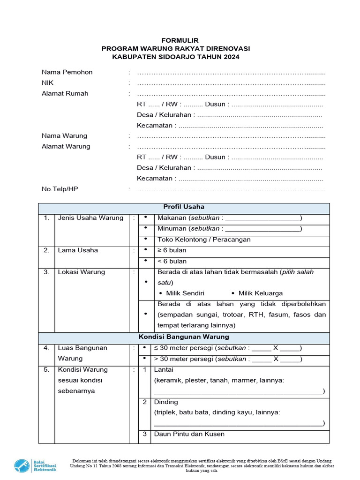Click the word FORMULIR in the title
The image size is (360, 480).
[x=180, y=41]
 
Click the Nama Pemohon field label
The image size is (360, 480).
[x=67, y=72]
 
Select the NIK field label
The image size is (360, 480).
[x=48, y=82]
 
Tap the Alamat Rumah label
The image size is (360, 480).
[x=65, y=93]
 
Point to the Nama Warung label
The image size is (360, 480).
[x=64, y=135]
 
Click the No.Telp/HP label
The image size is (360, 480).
[x=59, y=189]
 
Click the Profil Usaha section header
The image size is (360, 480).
[x=184, y=207]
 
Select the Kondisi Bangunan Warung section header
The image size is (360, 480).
[x=184, y=337]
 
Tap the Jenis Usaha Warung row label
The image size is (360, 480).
[x=90, y=217]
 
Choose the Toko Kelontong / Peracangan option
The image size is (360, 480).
[x=204, y=240]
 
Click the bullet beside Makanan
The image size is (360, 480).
[x=146, y=217]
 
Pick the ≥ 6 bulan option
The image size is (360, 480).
[x=172, y=250]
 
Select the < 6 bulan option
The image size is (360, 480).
[x=172, y=261]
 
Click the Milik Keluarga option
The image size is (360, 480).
[x=260, y=293]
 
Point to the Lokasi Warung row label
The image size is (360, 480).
[x=81, y=272]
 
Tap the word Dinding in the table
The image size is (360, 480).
[x=166, y=402]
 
